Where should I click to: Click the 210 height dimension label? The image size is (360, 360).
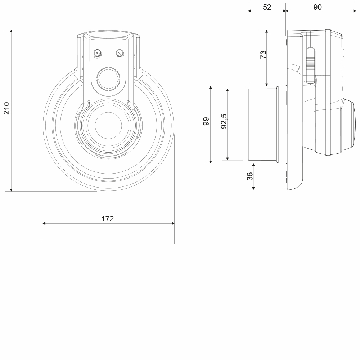[x=6, y=108]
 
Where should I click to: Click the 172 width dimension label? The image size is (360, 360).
[x=108, y=219]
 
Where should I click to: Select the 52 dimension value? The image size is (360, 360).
[x=267, y=7]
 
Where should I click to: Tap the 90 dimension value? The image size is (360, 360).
[x=318, y=7]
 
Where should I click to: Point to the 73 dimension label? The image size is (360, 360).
[x=263, y=54]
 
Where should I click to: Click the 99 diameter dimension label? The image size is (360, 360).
[x=206, y=121]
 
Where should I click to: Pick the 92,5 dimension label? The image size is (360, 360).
[x=224, y=121]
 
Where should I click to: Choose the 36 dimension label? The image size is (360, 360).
[x=249, y=176]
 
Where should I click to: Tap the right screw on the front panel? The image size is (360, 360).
[x=120, y=53]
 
